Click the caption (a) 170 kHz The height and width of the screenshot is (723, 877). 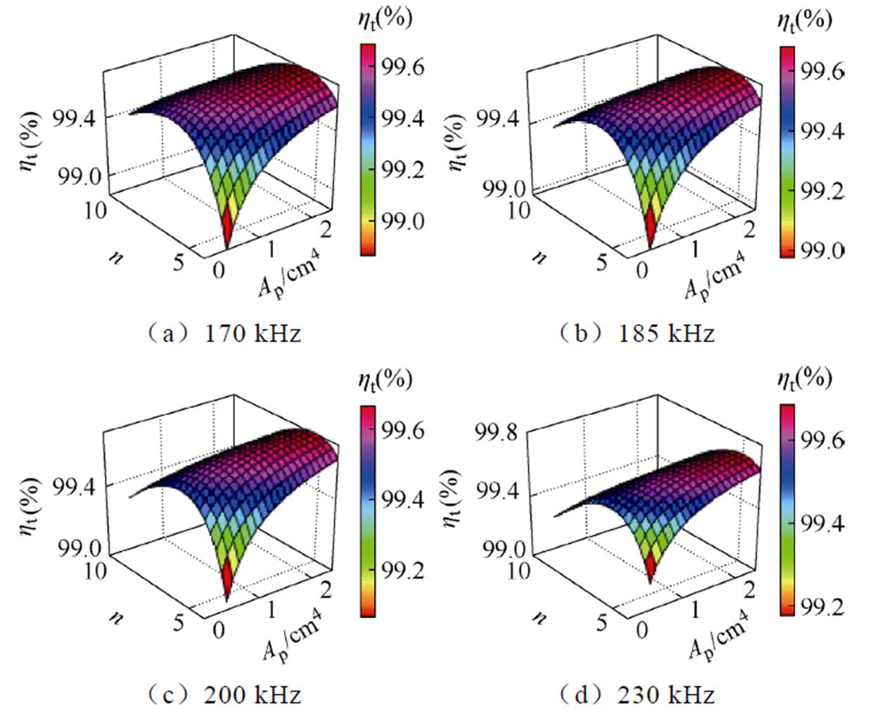[x=224, y=333]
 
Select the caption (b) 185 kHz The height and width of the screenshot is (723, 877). [x=636, y=333]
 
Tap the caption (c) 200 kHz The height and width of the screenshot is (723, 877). [x=224, y=695]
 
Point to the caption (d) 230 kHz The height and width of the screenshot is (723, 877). [x=636, y=695]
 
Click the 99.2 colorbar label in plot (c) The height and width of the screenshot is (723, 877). [x=403, y=571]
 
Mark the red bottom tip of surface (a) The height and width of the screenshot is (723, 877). [x=227, y=236]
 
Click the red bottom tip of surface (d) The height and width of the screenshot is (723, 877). [x=650, y=573]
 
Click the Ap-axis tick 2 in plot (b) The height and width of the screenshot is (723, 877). [x=749, y=229]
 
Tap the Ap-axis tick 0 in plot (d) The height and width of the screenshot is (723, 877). [x=641, y=630]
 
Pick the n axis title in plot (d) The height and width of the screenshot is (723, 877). [x=540, y=618]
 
